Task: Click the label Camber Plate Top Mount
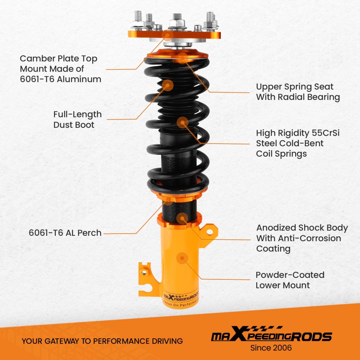(x=60, y=69)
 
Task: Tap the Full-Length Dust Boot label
(x=77, y=120)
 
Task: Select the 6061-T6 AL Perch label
(x=65, y=233)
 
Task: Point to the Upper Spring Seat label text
(x=298, y=92)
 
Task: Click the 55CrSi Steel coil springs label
(x=298, y=143)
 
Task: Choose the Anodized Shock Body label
(x=302, y=238)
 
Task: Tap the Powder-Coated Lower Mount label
(x=290, y=280)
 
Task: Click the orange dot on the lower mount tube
(x=182, y=258)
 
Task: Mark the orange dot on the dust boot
(x=168, y=85)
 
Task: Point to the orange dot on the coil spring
(x=182, y=122)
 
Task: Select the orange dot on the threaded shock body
(x=183, y=217)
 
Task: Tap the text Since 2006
(x=271, y=348)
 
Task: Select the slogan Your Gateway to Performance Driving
(x=102, y=341)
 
